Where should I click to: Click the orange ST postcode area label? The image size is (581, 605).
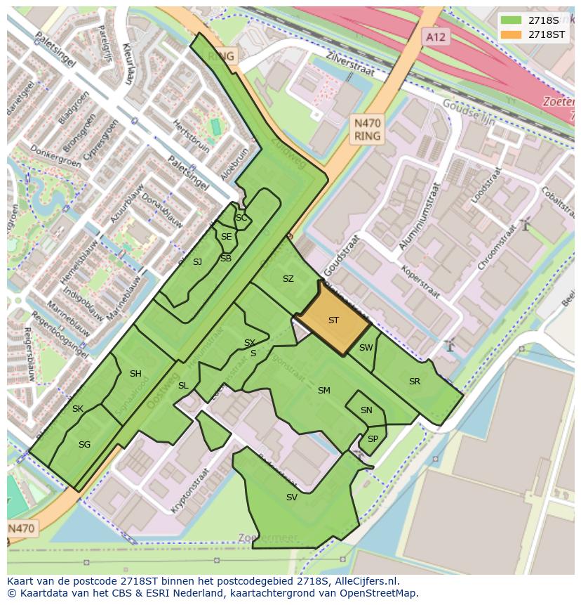point(333,320)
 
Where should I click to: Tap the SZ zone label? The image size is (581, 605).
point(288,279)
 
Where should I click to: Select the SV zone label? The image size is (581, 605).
point(292,497)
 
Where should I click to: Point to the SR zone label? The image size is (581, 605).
point(415,382)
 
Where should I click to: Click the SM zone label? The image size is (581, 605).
point(323,391)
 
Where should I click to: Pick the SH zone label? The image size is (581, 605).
point(135,374)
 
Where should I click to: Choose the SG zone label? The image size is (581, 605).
point(85,445)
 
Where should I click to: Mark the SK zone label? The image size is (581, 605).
point(78,409)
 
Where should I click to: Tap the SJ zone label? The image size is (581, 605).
point(197,262)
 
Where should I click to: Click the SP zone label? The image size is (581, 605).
point(373,439)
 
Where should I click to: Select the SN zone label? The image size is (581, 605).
point(366,410)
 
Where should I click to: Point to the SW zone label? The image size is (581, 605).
point(366,348)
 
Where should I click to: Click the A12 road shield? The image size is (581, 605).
point(436,37)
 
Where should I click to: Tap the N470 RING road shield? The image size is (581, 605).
point(367,130)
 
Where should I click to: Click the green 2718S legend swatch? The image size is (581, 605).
point(511,20)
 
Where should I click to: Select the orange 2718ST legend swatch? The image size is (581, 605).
point(511,34)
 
